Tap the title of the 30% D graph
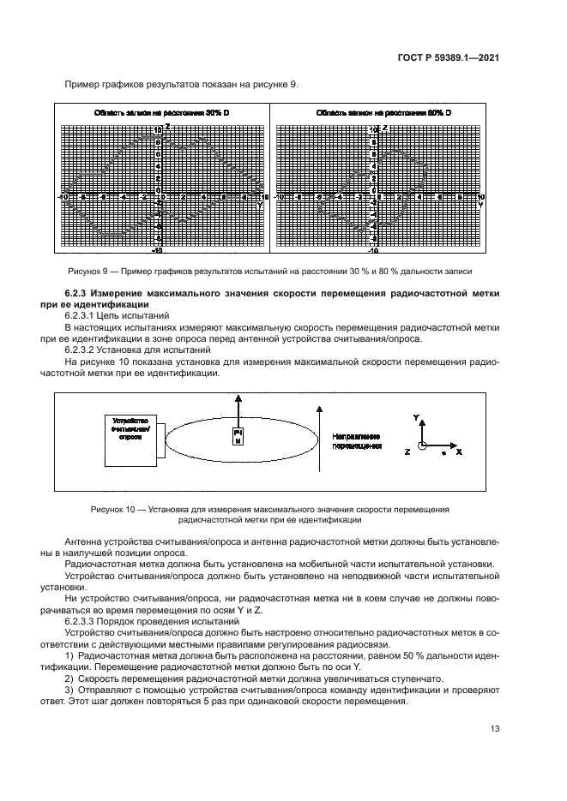161,113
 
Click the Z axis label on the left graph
167,126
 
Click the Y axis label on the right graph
479,206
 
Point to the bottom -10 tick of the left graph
156,252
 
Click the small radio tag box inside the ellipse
238,438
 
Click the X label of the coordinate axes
459,451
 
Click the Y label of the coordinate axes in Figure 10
415,417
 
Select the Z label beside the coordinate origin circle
407,451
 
